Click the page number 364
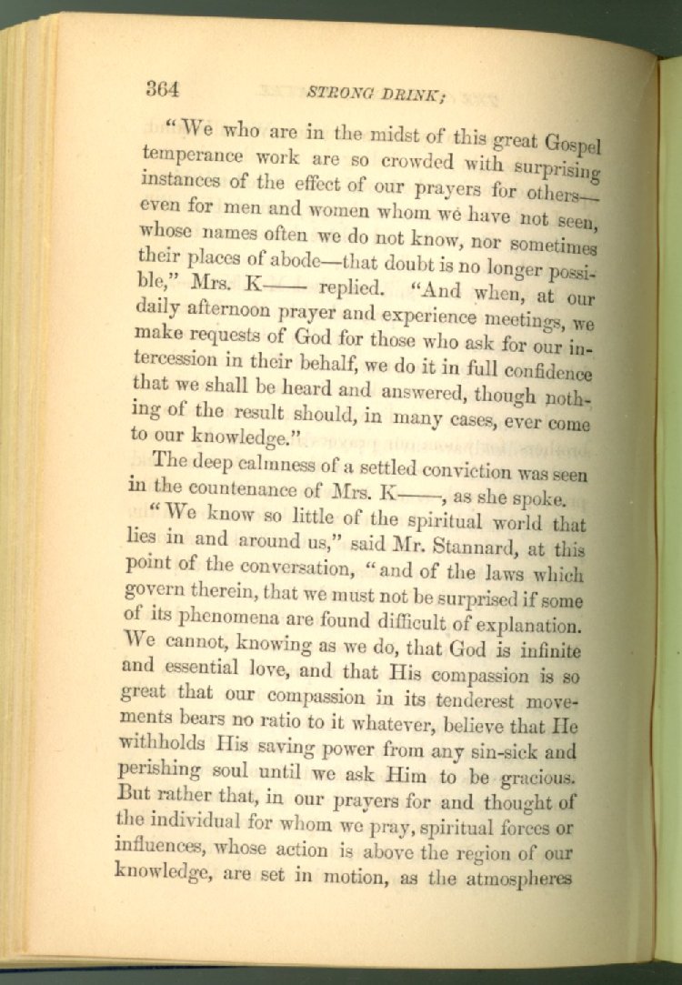165,88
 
